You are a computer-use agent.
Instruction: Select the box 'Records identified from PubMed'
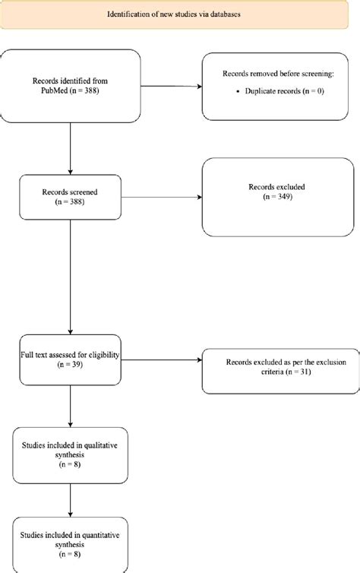70,85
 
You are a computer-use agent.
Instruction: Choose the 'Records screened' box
70,198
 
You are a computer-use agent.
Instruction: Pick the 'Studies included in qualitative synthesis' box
70,444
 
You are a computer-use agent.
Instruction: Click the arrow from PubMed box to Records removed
174,85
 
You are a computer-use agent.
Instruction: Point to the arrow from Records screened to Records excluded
161,199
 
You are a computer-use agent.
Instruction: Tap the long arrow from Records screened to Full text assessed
70,277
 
